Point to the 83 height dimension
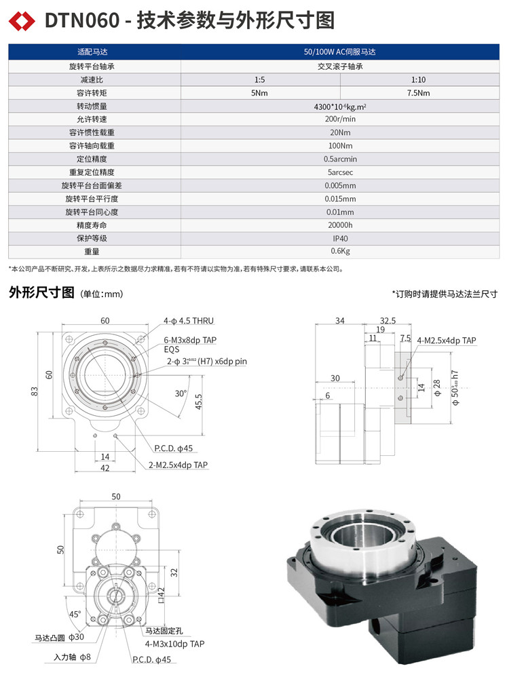[x=34, y=392]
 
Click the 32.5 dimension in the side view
[x=388, y=320]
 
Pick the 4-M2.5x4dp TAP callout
[x=447, y=341]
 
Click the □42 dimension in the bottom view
[x=161, y=596]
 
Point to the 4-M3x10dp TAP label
[x=174, y=644]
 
